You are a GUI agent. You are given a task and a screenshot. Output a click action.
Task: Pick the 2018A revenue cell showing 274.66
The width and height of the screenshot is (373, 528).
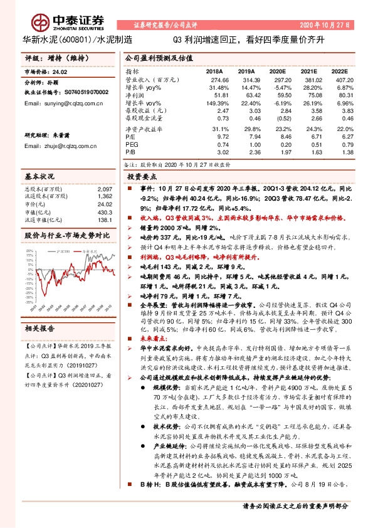pos(216,81)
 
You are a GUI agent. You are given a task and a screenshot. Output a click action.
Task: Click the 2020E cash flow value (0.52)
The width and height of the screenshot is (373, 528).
pos(273,117)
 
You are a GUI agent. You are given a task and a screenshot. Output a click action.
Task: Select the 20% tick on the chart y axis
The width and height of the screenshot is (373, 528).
pos(30,251)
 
